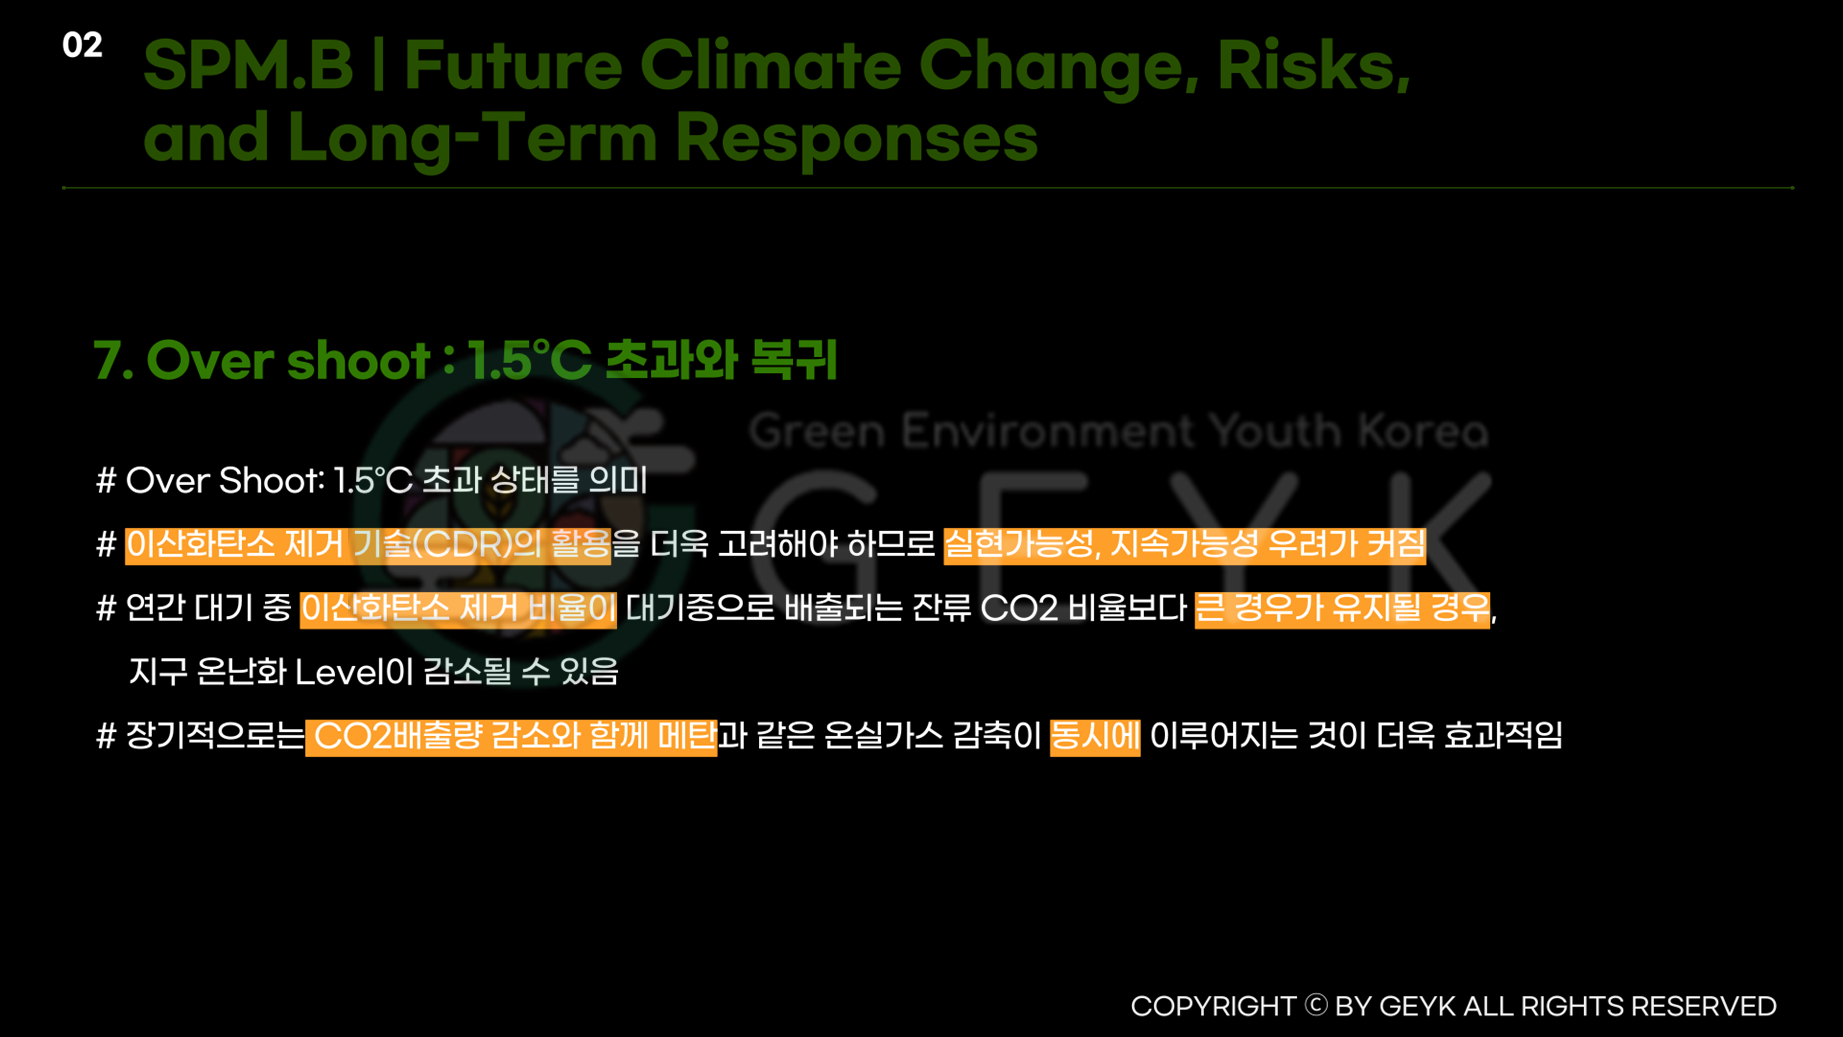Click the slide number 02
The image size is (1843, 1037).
[82, 45]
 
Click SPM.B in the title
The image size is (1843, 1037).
[248, 66]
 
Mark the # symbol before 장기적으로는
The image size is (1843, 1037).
[106, 737]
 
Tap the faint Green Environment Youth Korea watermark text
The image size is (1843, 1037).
[1118, 432]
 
